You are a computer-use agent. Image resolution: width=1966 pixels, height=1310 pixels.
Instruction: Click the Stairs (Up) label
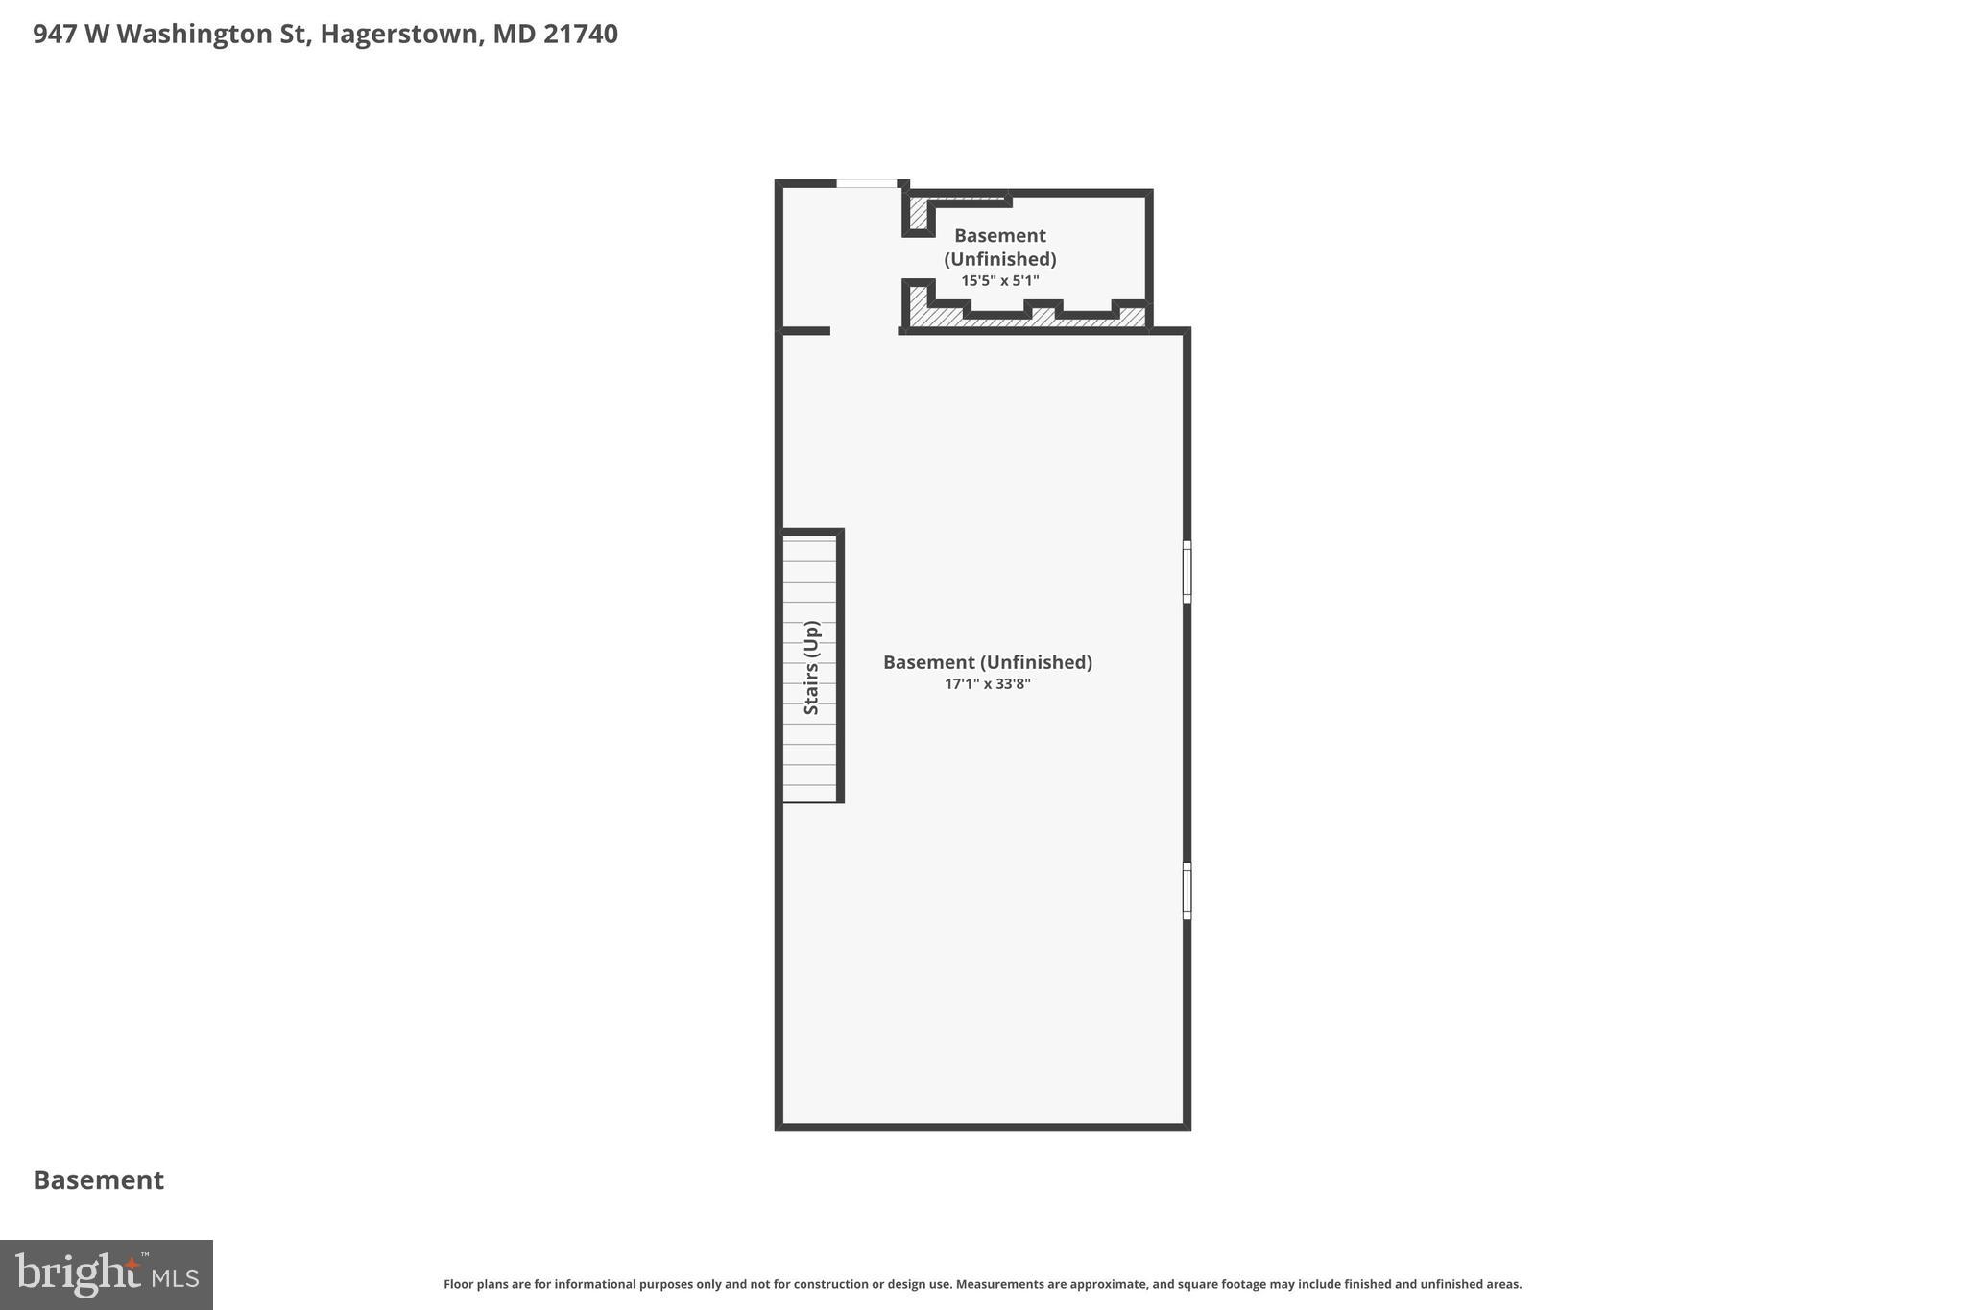tap(811, 667)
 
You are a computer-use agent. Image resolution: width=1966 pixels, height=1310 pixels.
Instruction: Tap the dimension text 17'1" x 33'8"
tap(987, 684)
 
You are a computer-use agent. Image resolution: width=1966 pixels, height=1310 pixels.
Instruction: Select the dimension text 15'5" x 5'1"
tap(999, 281)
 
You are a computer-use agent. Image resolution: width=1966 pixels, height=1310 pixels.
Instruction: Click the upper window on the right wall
tap(1187, 572)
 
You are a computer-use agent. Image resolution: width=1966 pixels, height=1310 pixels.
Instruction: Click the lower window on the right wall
tap(1187, 891)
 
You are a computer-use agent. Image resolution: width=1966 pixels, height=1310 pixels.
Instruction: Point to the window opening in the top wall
tap(866, 183)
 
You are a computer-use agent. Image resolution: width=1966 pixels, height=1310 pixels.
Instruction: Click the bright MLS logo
tap(106, 1274)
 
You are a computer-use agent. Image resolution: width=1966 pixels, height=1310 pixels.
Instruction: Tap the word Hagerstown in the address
tap(399, 35)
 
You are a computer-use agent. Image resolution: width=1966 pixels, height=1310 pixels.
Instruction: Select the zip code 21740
tap(580, 35)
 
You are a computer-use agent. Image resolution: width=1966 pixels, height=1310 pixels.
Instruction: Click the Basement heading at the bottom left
tap(98, 1180)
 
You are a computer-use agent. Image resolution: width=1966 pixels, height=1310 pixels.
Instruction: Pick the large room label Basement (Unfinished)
tap(987, 662)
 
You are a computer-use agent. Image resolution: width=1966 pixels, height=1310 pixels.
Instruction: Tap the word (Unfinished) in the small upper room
tap(999, 259)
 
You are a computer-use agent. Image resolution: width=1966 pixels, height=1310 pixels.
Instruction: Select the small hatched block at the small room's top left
tap(918, 213)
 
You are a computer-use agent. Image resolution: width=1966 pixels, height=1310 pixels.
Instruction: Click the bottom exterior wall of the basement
tap(982, 1126)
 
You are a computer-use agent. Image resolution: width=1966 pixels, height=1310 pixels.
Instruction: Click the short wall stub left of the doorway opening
tap(804, 331)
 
